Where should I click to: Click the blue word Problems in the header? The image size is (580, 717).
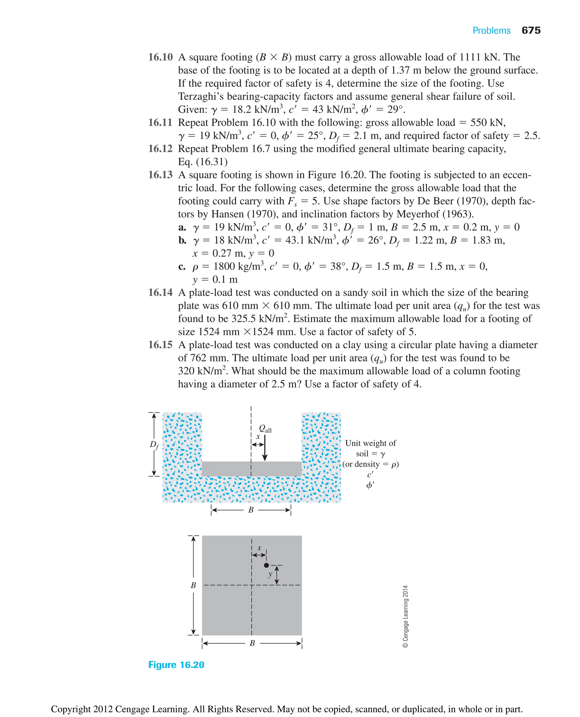[491, 31]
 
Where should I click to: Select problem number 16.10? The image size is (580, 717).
[160, 57]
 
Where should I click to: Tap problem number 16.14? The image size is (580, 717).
[160, 292]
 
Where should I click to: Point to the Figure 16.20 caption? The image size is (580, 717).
[176, 665]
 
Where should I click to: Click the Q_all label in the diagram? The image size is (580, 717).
[265, 429]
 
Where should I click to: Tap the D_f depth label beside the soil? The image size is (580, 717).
[154, 445]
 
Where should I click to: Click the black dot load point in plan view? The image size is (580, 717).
[266, 565]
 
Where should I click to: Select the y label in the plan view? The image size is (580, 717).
[270, 574]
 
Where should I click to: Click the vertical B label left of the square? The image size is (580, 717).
[193, 585]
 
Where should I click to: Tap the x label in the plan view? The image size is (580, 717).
[259, 548]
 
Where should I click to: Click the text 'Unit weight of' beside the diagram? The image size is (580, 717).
[370, 443]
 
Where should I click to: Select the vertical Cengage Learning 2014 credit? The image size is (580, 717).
[405, 616]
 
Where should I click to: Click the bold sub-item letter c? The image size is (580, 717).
[182, 266]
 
